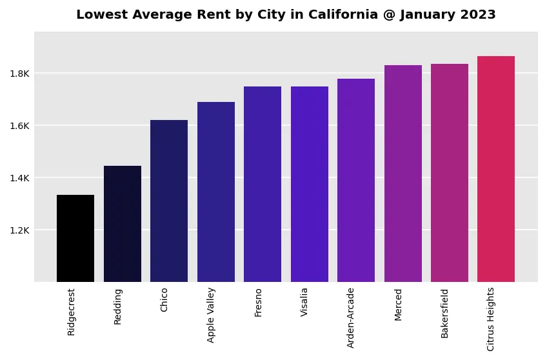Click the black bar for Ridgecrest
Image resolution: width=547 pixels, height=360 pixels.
click(x=75, y=238)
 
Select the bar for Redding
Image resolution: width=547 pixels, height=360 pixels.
click(x=123, y=224)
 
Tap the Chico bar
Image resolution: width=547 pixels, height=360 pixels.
click(x=169, y=201)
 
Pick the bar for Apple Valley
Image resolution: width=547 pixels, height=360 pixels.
click(x=216, y=192)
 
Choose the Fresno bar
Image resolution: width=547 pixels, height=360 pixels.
click(x=263, y=184)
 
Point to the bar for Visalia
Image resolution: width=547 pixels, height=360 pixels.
click(x=310, y=184)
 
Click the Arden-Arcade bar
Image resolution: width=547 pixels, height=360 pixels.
click(x=356, y=180)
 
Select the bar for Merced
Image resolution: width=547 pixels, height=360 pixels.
click(x=403, y=174)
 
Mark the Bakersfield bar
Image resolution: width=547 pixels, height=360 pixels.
click(x=450, y=173)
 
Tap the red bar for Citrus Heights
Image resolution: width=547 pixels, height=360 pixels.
click(x=496, y=169)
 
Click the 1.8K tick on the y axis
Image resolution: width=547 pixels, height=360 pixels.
click(x=19, y=74)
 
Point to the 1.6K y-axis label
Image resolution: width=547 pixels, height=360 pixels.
click(x=19, y=126)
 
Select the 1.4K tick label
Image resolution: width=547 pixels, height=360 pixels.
click(x=19, y=178)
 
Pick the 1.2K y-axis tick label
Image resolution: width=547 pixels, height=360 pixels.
click(x=19, y=230)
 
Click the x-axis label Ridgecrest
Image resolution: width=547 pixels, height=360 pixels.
click(x=72, y=312)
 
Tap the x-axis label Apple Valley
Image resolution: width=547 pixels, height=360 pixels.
click(x=212, y=315)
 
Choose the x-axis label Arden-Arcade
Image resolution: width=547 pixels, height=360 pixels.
click(x=352, y=317)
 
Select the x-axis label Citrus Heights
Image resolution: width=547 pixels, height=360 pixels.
click(x=492, y=319)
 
